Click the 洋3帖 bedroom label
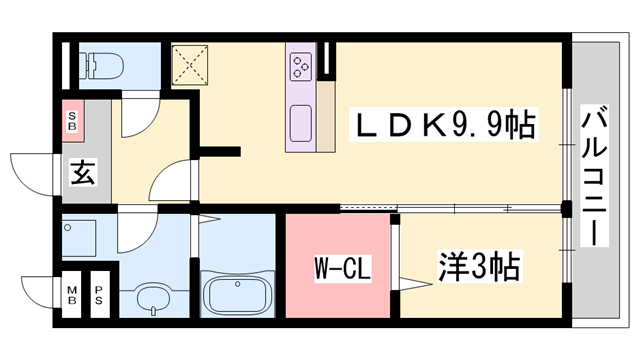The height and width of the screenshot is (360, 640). pyautogui.click(x=478, y=267)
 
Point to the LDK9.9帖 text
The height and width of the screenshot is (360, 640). pyautogui.click(x=444, y=126)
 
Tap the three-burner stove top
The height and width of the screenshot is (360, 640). pyautogui.click(x=300, y=66)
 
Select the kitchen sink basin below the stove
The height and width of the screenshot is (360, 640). pyautogui.click(x=301, y=124)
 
